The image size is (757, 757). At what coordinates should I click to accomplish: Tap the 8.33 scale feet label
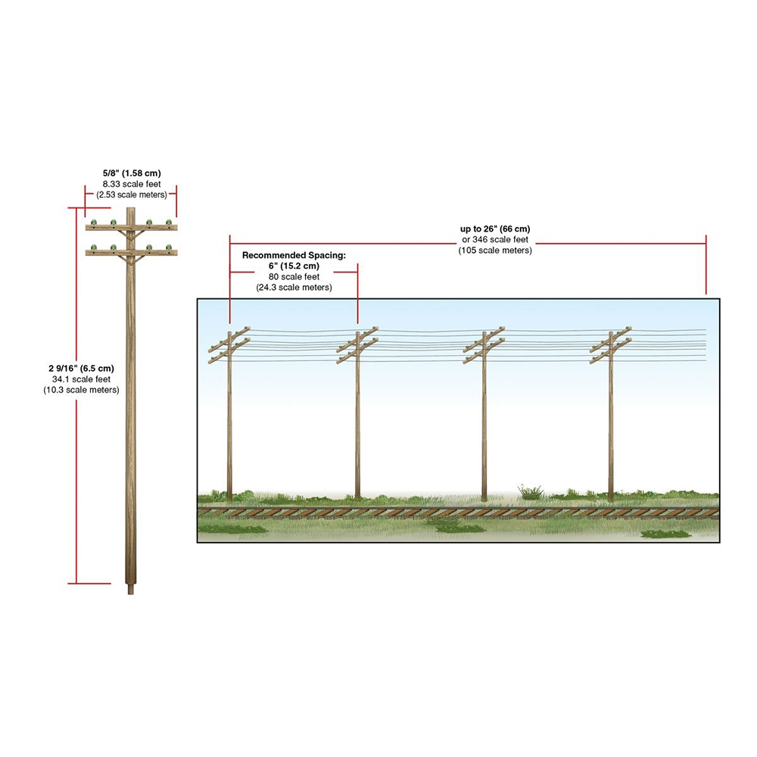[132, 183]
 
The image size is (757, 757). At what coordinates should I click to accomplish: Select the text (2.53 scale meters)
[132, 195]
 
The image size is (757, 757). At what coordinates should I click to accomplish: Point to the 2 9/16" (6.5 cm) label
[82, 368]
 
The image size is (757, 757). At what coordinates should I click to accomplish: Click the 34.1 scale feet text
[82, 379]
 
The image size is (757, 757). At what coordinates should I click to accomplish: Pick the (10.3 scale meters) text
[82, 390]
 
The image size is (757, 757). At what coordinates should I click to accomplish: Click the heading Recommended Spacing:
[294, 256]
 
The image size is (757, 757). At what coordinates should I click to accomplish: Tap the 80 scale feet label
[294, 277]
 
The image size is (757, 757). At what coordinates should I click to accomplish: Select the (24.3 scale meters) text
[294, 288]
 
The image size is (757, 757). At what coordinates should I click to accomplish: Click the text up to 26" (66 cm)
[495, 229]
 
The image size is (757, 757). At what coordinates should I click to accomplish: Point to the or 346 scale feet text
[495, 240]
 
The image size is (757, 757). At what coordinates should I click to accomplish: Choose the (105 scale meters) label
[495, 251]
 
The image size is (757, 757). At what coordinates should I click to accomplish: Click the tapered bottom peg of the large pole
[132, 588]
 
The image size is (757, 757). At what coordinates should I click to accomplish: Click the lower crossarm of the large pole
[132, 252]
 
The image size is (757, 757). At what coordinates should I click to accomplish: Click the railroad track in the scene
[454, 512]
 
